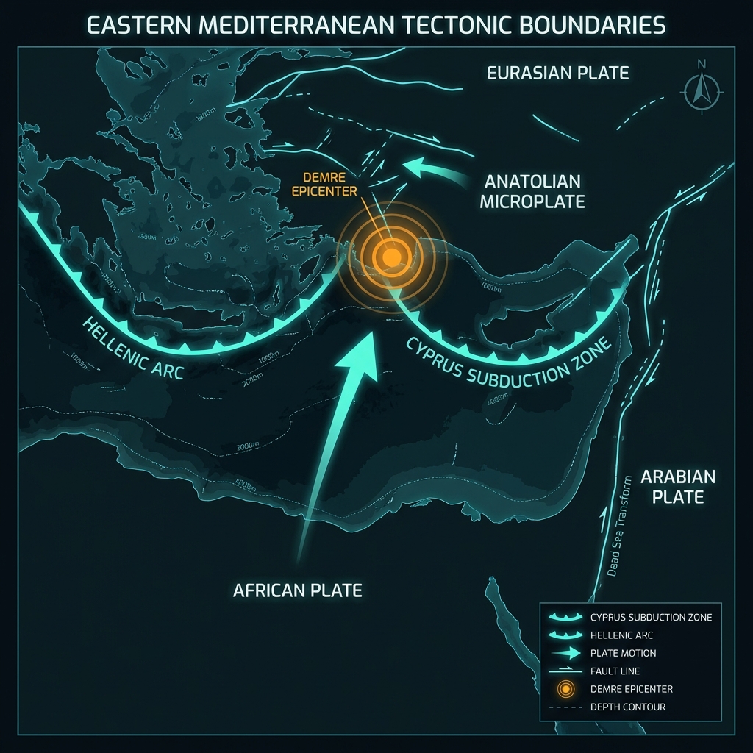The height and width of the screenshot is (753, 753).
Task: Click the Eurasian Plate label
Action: [557, 73]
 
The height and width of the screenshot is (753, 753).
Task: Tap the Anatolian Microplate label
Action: [532, 191]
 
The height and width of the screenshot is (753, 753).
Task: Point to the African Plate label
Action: [297, 590]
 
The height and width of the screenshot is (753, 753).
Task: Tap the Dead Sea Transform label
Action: [622, 526]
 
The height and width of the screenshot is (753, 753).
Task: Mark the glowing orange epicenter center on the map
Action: [391, 256]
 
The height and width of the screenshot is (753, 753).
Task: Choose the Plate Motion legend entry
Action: [623, 653]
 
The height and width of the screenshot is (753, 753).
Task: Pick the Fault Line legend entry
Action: [615, 671]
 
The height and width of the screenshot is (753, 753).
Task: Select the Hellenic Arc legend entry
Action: [621, 635]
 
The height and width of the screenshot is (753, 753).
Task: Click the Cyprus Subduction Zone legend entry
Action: [650, 617]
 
